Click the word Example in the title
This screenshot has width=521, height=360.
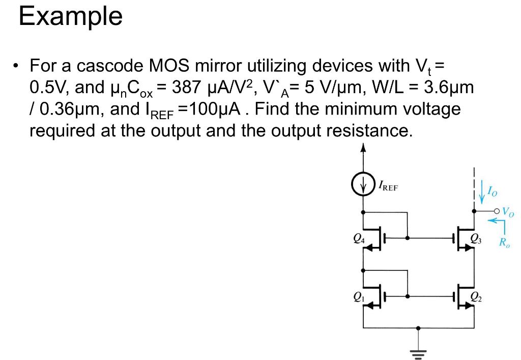[71, 17]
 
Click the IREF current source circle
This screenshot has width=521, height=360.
[363, 185]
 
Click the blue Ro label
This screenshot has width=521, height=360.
[504, 243]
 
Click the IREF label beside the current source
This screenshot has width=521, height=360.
[388, 186]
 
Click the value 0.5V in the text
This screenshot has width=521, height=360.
[48, 88]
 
